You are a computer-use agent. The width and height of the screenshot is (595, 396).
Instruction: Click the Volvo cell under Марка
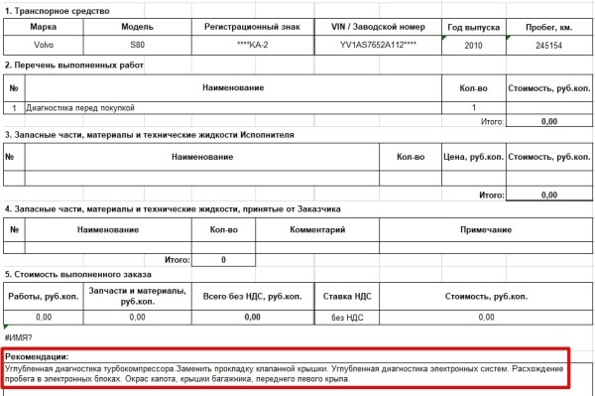coord(40,45)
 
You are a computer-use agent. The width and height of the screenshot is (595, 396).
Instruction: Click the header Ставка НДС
coord(349,296)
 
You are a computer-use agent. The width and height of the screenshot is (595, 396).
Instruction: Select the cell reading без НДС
coord(349,317)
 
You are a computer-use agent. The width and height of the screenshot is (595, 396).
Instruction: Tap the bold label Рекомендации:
coord(36,356)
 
